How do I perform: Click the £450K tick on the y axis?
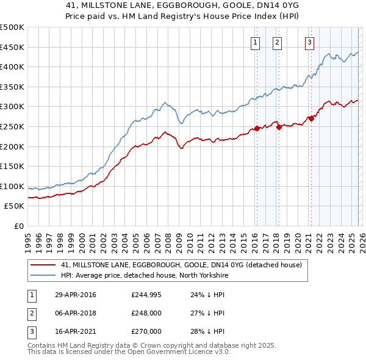tap(13, 47)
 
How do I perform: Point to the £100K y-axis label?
tap(13, 186)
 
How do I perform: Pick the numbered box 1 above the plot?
tap(254, 42)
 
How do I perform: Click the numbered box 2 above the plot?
tap(277, 42)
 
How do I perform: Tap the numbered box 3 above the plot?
tap(309, 42)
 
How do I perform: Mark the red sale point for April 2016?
tap(257, 128)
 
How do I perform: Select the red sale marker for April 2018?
tap(279, 127)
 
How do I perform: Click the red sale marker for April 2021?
tap(311, 118)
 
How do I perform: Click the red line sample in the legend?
tap(43, 265)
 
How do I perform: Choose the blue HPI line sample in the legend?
tap(43, 275)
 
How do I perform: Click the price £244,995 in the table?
tap(146, 295)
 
